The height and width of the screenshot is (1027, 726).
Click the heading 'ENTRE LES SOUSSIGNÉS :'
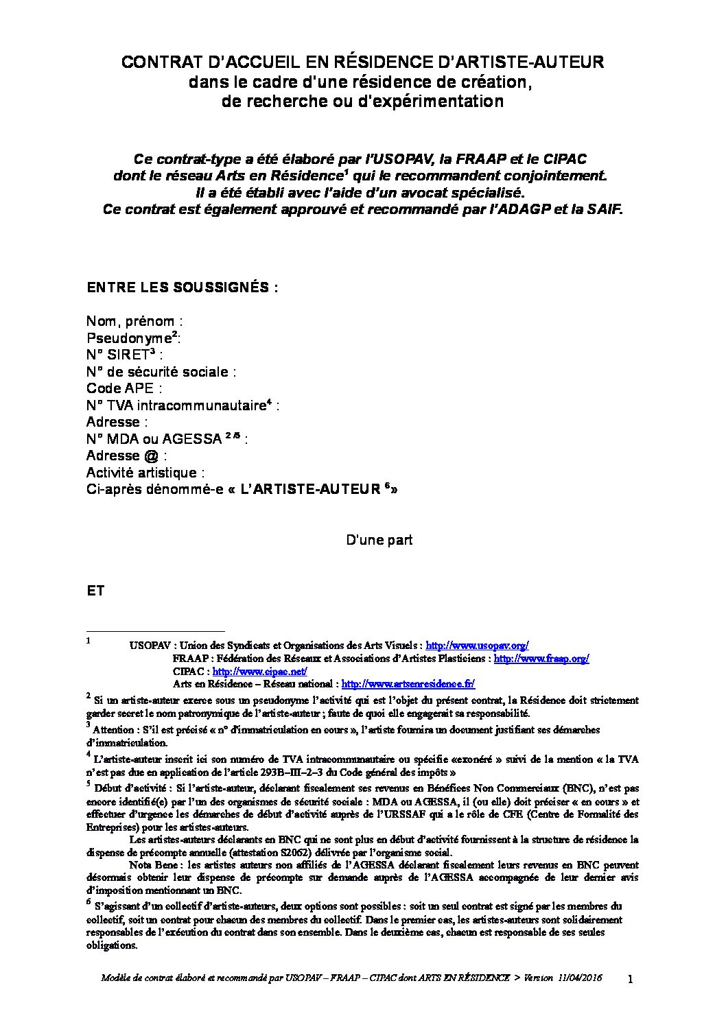183,287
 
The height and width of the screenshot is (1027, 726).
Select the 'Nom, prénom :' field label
134,321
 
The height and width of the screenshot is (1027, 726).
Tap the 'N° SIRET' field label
117,355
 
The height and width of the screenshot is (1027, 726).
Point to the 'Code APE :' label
124,388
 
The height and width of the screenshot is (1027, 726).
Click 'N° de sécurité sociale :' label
161,372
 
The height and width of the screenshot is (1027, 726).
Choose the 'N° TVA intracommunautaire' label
176,405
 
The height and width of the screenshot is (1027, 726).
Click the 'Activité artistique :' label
145,473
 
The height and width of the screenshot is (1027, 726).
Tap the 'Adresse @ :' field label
126,456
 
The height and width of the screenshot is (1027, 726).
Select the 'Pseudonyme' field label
128,338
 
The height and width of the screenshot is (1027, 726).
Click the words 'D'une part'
379,540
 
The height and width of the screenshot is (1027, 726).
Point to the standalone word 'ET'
95,590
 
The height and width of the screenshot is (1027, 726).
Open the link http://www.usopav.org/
477,646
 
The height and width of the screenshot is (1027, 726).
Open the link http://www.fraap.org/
541,659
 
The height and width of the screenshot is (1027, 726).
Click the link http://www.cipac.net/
259,671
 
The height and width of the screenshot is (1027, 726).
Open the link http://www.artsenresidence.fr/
408,684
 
